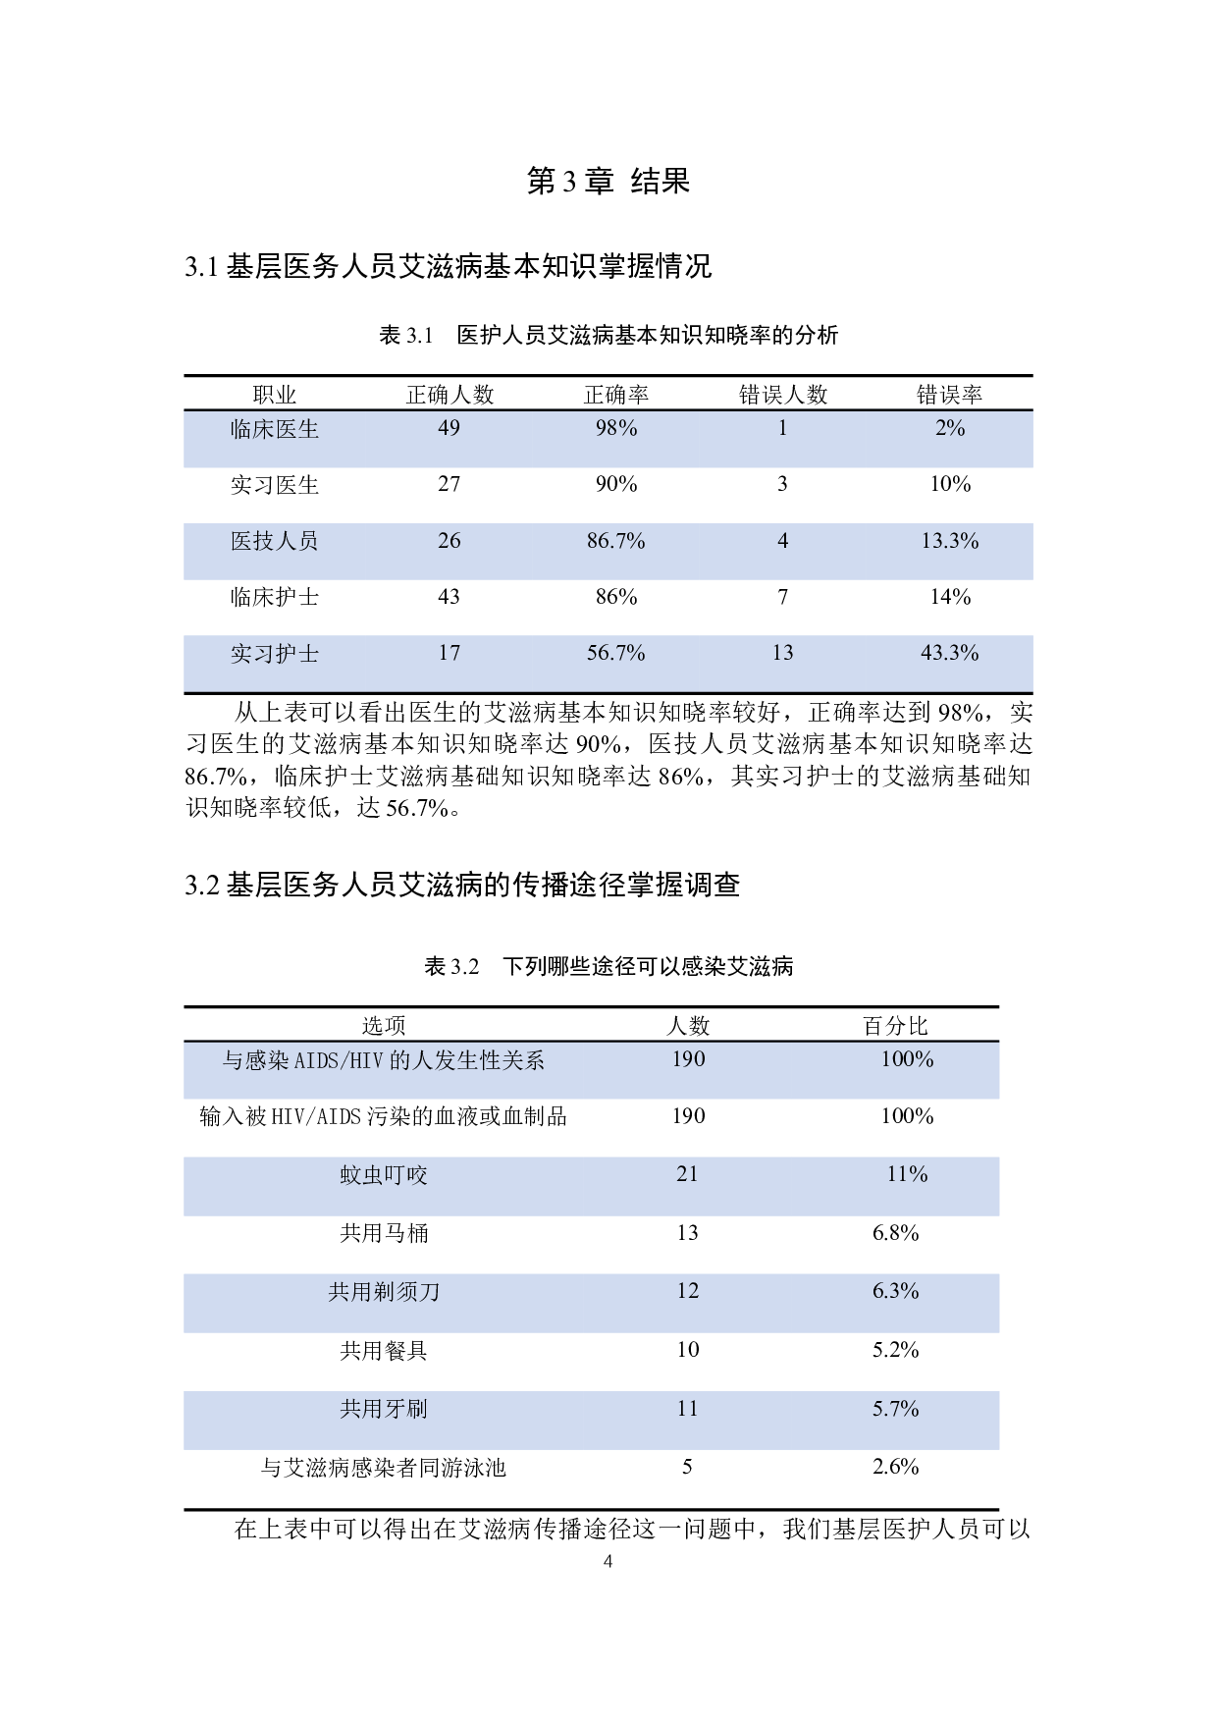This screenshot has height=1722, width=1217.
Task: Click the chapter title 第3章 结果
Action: pyautogui.click(x=608, y=181)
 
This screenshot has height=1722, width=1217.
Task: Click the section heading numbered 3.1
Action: pyautogui.click(x=448, y=266)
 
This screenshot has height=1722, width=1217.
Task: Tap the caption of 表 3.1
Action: pyautogui.click(x=608, y=336)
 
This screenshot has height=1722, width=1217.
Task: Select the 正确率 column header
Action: pyautogui.click(x=616, y=395)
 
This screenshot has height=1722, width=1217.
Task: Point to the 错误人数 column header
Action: pyautogui.click(x=783, y=395)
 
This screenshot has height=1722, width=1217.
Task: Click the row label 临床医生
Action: pyautogui.click(x=275, y=429)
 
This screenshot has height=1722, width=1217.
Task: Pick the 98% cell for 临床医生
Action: pyautogui.click(x=616, y=428)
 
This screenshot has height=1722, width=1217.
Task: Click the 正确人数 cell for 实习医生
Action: pyautogui.click(x=449, y=484)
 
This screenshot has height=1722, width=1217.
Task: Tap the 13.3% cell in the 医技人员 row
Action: pyautogui.click(x=949, y=541)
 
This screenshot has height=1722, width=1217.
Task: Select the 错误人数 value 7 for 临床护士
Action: pyautogui.click(x=783, y=597)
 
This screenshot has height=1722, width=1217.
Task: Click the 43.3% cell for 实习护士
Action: pyautogui.click(x=949, y=653)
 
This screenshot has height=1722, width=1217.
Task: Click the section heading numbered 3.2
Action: pyautogui.click(x=462, y=886)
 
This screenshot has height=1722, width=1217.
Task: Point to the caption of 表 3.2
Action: pyautogui.click(x=608, y=967)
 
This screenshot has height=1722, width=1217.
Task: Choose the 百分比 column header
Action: pyautogui.click(x=895, y=1026)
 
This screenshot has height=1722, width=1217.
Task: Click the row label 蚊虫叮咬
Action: pyautogui.click(x=384, y=1175)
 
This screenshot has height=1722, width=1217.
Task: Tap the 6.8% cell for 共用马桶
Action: pyautogui.click(x=895, y=1233)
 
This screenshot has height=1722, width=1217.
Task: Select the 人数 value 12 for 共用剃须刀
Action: pyautogui.click(x=688, y=1291)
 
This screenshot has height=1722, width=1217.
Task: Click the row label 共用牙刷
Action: pyautogui.click(x=384, y=1409)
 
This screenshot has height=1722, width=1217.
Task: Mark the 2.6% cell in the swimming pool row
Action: pyautogui.click(x=895, y=1467)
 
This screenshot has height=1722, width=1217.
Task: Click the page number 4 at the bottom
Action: pyautogui.click(x=608, y=1562)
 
